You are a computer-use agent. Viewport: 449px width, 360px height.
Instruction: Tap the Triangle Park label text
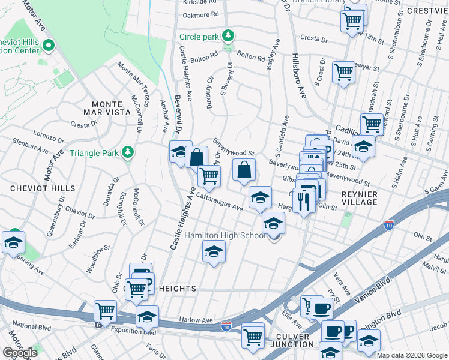95,153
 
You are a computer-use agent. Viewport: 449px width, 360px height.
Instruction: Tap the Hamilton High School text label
225,235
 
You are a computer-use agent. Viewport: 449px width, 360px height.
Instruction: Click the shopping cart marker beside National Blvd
106,312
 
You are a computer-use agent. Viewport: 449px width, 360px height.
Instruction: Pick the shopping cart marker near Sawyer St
343,73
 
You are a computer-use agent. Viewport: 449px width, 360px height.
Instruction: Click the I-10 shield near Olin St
389,225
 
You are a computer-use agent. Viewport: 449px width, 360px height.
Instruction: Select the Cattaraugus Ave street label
218,201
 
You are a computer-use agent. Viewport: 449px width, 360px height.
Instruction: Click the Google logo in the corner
20,353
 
